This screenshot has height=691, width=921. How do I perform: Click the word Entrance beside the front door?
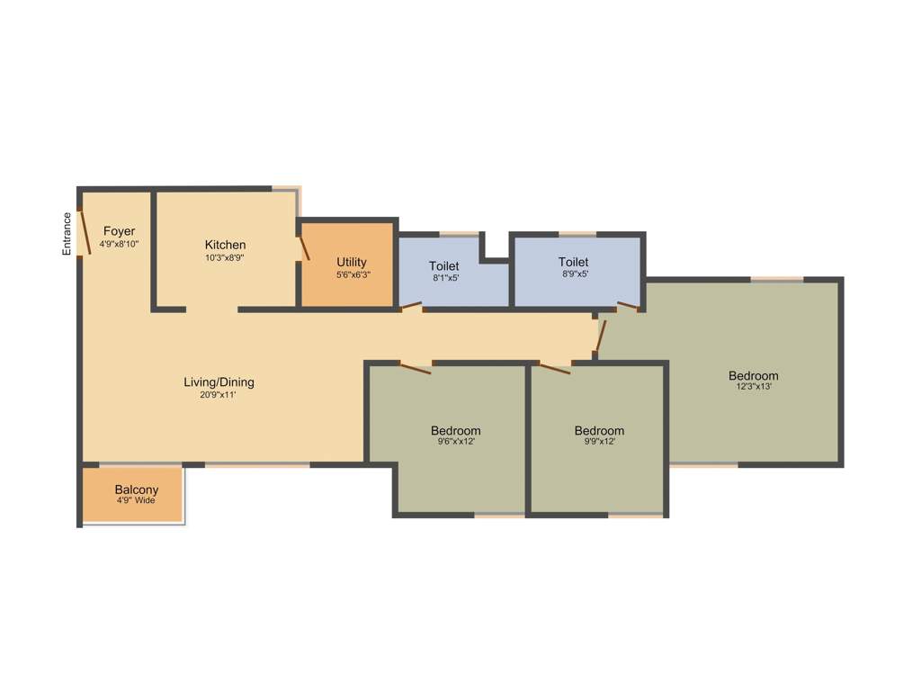pos(67,234)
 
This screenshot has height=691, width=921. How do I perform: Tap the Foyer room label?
pos(119,231)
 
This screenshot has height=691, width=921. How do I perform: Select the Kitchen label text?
pos(225,245)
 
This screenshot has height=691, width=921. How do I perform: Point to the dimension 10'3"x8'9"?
pos(225,257)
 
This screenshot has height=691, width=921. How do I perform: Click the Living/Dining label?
pos(219,382)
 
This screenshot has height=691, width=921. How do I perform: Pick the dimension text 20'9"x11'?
pos(219,394)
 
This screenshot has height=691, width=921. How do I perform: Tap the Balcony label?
pos(137,489)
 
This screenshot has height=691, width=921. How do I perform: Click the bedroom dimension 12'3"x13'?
pos(754,387)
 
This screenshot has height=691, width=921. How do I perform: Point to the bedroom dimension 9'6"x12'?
pos(456,442)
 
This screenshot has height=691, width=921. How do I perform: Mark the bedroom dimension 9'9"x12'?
pos(599,442)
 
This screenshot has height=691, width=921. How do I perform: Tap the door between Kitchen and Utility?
pos(304,249)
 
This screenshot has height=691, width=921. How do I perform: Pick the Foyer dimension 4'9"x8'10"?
pos(119,244)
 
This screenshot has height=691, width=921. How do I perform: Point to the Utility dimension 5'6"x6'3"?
pos(352,275)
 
